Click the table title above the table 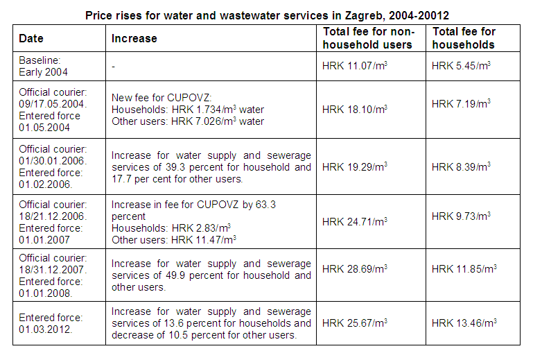[x=266, y=15]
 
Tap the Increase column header [x=134, y=39]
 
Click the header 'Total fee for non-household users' [x=368, y=39]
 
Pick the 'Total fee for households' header [x=464, y=39]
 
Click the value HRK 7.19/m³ [x=461, y=104]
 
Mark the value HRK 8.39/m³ [x=461, y=167]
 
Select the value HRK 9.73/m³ [x=461, y=216]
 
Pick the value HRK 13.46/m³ [x=464, y=323]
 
